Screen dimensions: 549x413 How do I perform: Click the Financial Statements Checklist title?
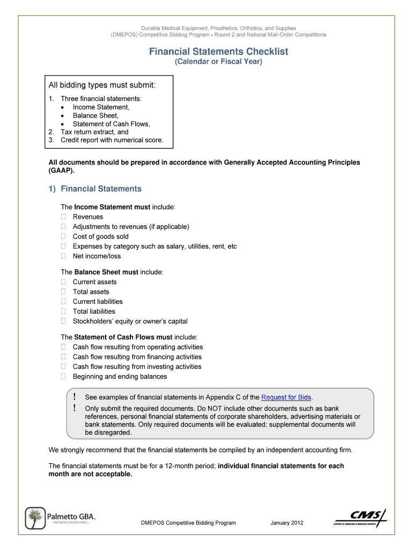[x=218, y=51]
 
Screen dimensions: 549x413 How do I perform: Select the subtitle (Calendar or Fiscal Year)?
[x=218, y=62]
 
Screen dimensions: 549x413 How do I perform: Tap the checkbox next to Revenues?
[x=63, y=217]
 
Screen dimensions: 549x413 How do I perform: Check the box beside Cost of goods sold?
[x=63, y=236]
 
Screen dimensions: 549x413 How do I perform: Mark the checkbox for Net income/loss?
[x=63, y=256]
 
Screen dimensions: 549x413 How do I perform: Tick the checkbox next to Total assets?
[x=63, y=292]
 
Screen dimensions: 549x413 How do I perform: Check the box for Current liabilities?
[x=63, y=301]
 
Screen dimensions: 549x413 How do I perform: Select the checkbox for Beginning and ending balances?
[x=63, y=376]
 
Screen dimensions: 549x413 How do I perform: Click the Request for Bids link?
[x=286, y=397]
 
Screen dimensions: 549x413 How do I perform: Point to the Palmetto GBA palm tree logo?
[x=36, y=518]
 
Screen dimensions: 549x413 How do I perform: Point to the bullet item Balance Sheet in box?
[x=95, y=115]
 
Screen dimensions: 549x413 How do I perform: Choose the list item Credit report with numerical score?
[x=112, y=140]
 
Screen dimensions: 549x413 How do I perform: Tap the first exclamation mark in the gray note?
[x=75, y=397]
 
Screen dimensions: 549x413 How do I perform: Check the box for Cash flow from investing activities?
[x=63, y=367]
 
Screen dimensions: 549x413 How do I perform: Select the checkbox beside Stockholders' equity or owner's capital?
[x=63, y=321]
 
